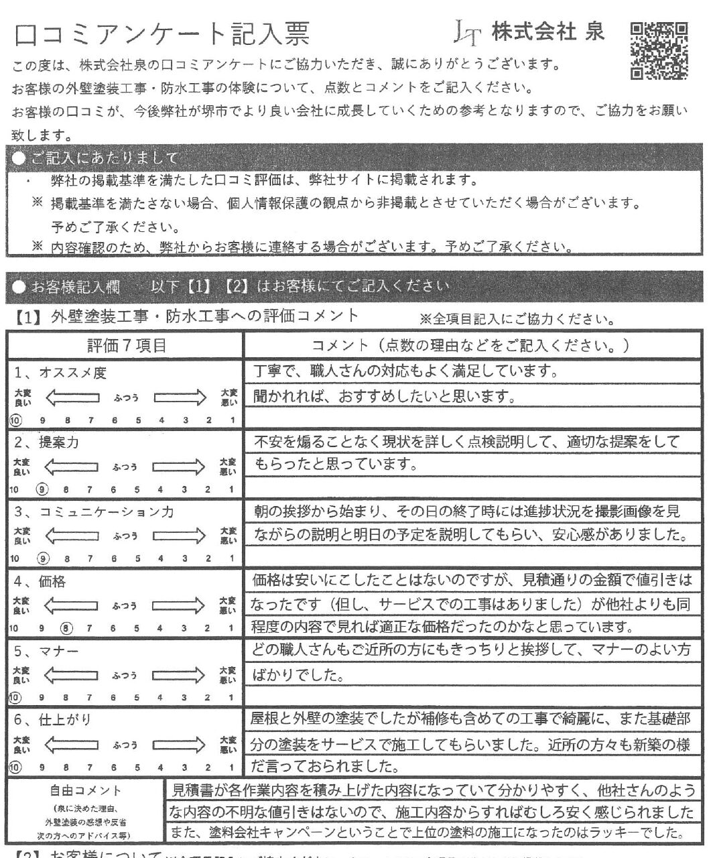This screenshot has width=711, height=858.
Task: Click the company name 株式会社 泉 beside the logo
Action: (547, 32)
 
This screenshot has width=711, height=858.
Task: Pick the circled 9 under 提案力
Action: (44, 489)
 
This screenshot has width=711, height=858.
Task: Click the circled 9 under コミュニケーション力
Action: (44, 558)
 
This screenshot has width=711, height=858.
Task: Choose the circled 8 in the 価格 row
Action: (66, 628)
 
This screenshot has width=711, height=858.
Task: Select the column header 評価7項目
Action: (127, 346)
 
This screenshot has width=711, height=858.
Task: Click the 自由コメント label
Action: (86, 792)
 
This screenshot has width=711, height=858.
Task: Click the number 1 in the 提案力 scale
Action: (231, 489)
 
